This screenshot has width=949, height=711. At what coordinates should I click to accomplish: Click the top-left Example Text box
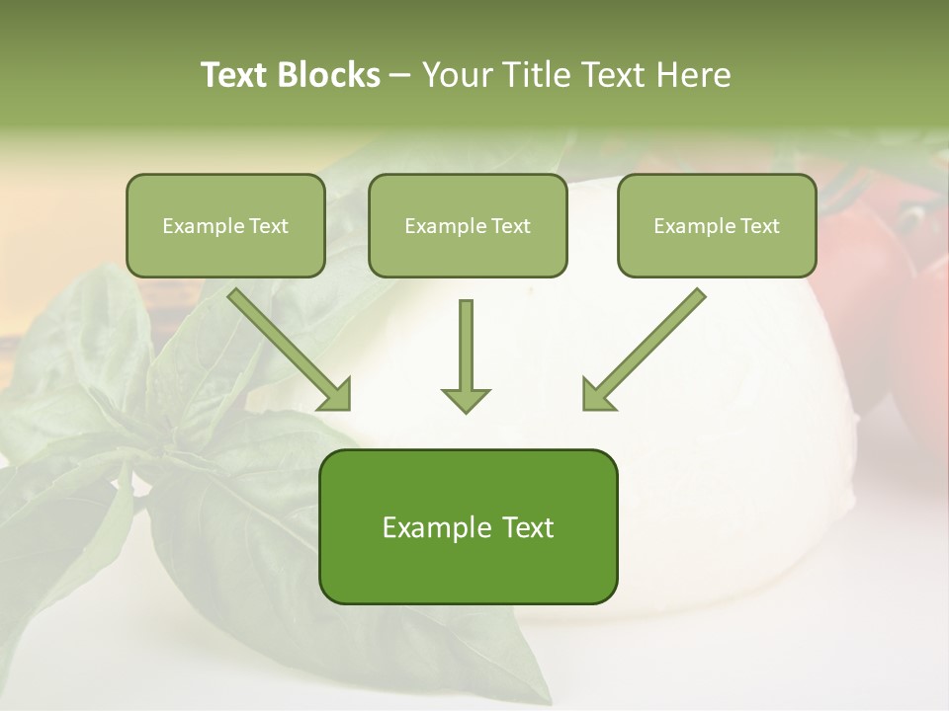(225, 226)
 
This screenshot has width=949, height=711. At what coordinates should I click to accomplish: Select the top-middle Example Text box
(468, 226)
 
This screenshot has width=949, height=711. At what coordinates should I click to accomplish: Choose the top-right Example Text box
(717, 226)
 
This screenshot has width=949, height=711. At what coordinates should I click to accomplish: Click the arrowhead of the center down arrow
(466, 399)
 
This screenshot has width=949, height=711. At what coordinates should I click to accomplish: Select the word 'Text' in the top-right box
(760, 226)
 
